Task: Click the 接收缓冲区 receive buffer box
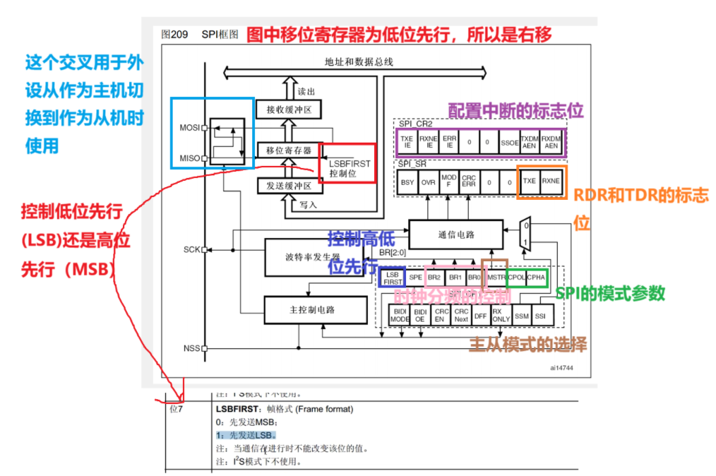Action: point(289,109)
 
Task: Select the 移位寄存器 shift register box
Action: point(289,150)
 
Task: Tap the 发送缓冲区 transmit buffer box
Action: point(289,186)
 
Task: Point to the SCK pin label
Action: point(191,249)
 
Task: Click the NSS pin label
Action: point(191,348)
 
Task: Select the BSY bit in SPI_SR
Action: point(407,182)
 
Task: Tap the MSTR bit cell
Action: point(496,278)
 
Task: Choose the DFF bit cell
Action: point(481,315)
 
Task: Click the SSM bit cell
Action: point(522,315)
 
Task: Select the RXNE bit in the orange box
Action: point(551,182)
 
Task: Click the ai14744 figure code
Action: point(563,367)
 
